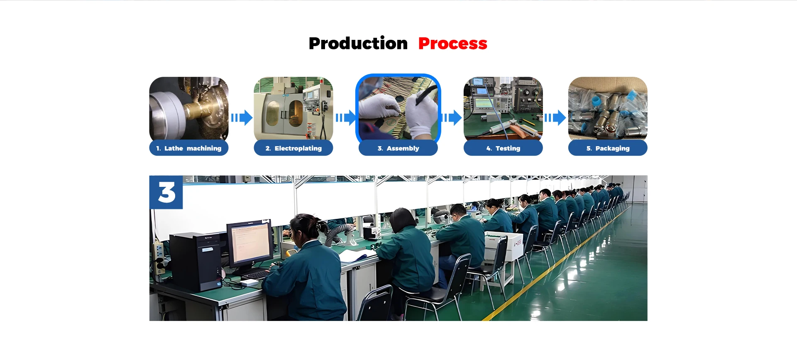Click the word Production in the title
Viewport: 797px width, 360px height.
click(x=358, y=44)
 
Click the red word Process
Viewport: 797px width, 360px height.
click(x=452, y=44)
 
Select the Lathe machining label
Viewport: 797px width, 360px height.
click(x=189, y=148)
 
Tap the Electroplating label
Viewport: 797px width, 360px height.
click(x=293, y=148)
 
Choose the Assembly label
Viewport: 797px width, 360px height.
click(x=398, y=148)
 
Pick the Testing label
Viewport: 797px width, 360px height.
click(x=503, y=148)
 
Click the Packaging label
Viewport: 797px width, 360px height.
click(x=608, y=148)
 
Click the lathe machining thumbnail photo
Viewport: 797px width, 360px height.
click(x=189, y=108)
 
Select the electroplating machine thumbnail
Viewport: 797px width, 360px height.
click(x=293, y=108)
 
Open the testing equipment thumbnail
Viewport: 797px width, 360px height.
click(x=503, y=108)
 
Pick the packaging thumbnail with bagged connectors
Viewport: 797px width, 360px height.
click(x=608, y=108)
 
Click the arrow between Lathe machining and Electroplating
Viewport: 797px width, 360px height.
click(x=242, y=118)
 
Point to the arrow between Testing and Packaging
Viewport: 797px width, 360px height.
click(x=555, y=118)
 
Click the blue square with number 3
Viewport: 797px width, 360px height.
click(x=166, y=192)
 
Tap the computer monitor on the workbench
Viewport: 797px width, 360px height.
click(x=250, y=244)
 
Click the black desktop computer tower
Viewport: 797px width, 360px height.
click(x=196, y=262)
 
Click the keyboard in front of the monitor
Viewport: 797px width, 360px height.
click(x=257, y=274)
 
